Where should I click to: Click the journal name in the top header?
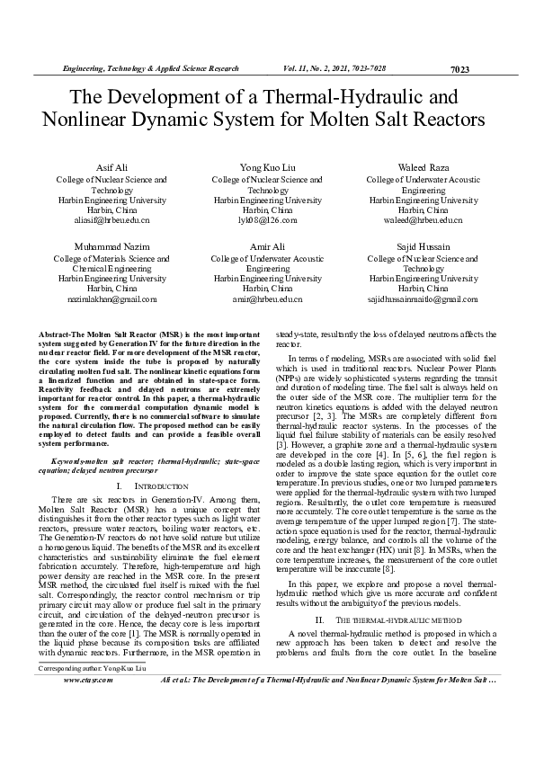coord(149,68)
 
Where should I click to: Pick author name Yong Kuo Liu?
coord(267,169)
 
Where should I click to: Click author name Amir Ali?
coord(267,245)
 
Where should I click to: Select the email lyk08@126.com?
coord(267,219)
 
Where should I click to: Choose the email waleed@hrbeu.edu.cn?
coord(423,219)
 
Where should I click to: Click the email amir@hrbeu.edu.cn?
coord(267,298)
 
